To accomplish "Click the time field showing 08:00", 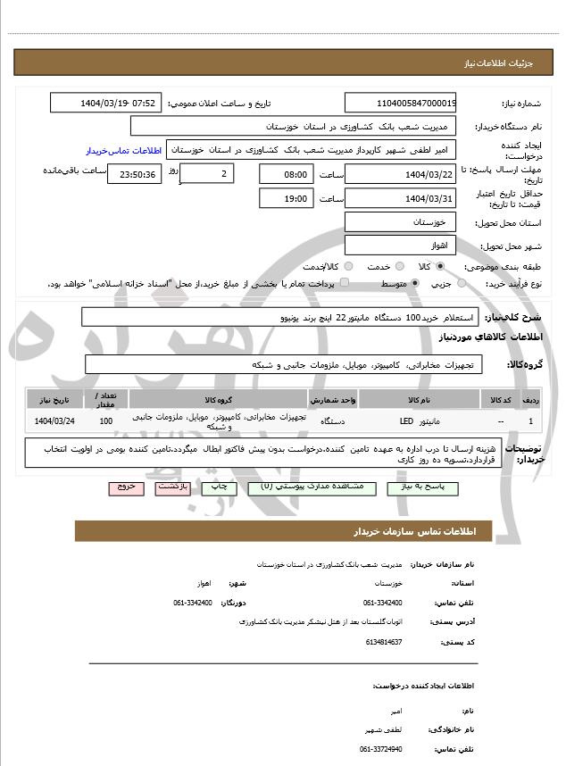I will click(x=287, y=174).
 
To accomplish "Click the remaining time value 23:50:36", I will click(x=134, y=174).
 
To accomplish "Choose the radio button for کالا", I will click(x=440, y=266).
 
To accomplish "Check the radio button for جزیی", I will click(x=462, y=283).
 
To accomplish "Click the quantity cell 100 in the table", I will click(x=106, y=420).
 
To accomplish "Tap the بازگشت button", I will click(x=171, y=487).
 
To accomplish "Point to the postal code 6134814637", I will click(x=385, y=641).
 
